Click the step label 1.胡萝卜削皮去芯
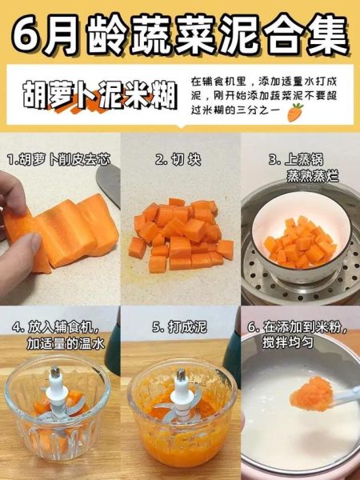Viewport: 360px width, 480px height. click(x=58, y=160)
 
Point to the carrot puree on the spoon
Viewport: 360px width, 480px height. click(x=318, y=392)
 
